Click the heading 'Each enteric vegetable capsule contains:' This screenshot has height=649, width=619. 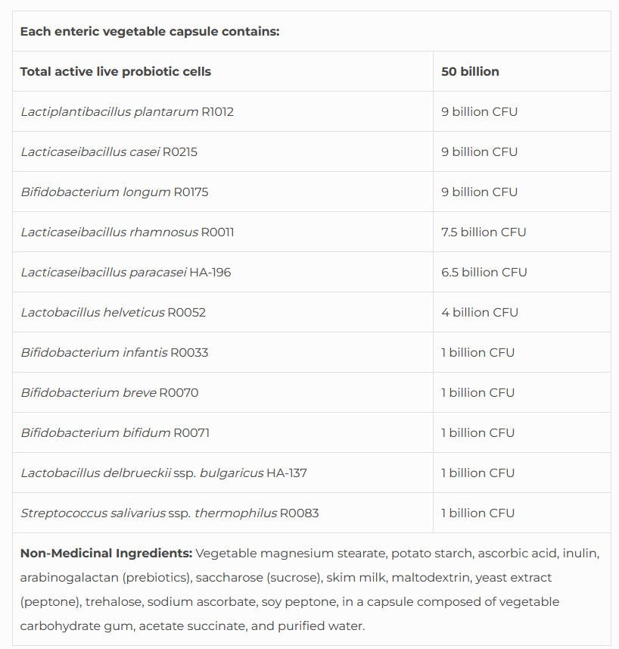149,32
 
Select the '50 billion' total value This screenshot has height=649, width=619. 470,72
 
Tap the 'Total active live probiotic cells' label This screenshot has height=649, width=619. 116,72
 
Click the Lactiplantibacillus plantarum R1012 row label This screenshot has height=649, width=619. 127,112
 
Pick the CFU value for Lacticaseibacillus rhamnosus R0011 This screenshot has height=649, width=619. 484,232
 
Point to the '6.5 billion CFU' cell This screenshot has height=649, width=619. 484,273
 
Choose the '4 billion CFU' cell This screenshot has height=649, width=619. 480,313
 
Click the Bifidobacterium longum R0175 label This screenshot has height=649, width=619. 114,192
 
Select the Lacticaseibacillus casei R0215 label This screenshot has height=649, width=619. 109,152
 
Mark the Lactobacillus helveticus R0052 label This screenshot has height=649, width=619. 113,313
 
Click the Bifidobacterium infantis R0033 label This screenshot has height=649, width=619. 114,353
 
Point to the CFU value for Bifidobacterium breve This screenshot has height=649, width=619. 477,393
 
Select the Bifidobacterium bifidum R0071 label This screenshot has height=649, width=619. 115,433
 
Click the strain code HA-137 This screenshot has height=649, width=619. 286,473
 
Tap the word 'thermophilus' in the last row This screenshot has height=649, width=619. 235,513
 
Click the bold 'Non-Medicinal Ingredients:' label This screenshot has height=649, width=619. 106,554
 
